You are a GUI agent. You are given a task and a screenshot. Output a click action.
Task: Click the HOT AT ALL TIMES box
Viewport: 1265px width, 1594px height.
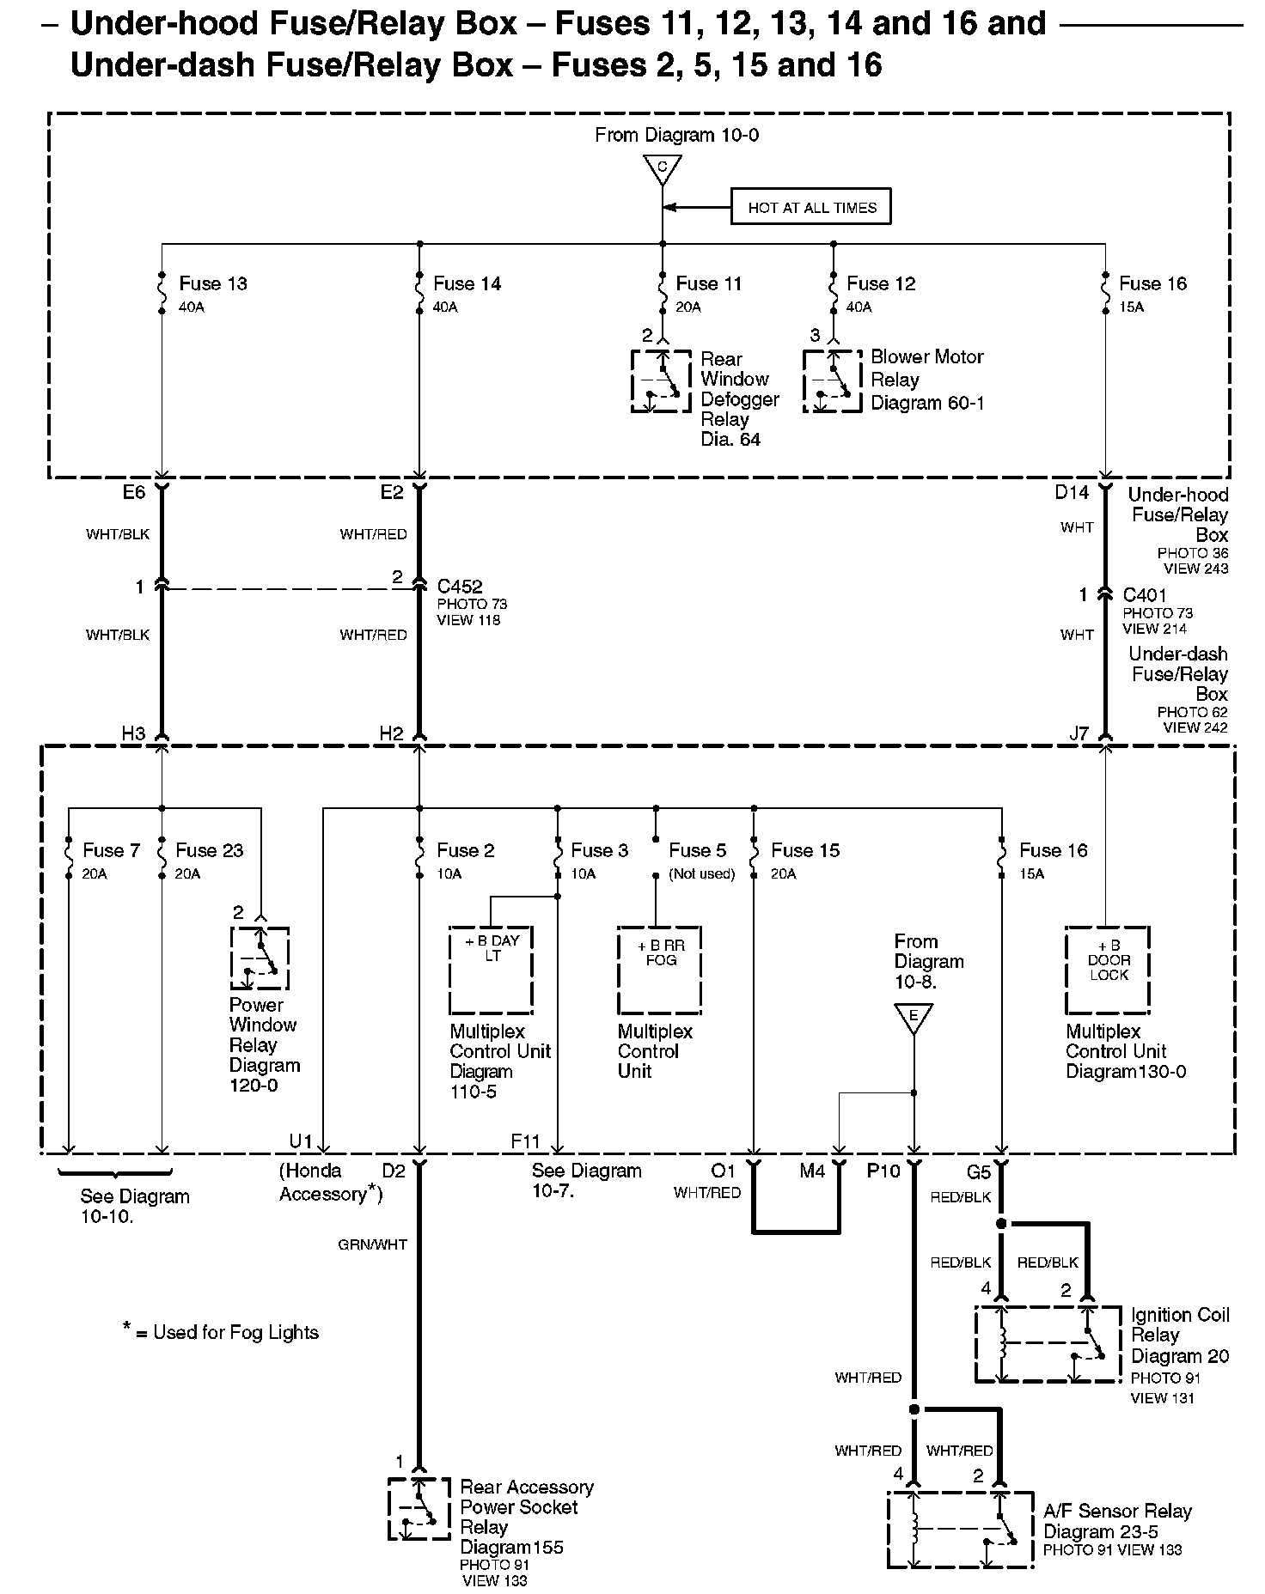click(810, 207)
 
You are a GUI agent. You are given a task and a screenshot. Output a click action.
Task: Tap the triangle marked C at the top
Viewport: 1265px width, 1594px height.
click(662, 168)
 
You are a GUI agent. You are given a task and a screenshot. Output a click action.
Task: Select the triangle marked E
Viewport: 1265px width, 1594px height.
click(914, 1019)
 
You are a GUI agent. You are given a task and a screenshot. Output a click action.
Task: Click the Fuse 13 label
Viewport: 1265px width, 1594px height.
click(213, 283)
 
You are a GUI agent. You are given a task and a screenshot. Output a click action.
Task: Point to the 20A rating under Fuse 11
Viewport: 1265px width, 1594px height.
click(688, 307)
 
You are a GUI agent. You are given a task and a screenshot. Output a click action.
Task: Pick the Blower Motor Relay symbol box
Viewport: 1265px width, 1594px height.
click(832, 380)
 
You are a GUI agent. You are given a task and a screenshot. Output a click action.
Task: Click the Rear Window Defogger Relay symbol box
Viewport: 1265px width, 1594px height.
click(661, 380)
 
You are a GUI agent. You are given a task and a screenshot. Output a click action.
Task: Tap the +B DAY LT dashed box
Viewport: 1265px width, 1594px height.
click(491, 970)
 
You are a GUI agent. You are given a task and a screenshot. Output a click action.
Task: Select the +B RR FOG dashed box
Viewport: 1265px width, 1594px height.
click(659, 970)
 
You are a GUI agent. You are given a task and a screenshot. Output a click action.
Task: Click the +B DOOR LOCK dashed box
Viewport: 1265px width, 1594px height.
click(1107, 970)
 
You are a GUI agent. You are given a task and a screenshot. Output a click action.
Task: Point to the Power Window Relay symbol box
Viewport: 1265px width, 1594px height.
click(260, 958)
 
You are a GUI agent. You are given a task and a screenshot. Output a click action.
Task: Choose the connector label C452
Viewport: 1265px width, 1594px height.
click(460, 587)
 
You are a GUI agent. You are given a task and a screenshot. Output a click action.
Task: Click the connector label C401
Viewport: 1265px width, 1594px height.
click(1145, 595)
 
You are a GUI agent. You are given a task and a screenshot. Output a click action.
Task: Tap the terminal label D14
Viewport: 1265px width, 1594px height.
click(1072, 493)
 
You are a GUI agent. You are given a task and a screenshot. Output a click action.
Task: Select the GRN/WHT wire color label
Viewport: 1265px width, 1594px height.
click(372, 1244)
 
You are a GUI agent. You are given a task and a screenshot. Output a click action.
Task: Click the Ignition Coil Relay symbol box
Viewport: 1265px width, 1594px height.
click(1048, 1344)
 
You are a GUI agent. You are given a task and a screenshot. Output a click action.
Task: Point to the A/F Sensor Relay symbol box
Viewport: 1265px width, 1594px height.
click(960, 1530)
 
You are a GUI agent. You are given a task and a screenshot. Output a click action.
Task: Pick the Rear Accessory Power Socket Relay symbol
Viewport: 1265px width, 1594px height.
click(419, 1508)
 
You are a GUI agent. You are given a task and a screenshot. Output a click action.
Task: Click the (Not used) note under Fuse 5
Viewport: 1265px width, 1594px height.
click(702, 874)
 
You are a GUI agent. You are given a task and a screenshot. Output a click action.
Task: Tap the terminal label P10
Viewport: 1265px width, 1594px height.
click(883, 1171)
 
